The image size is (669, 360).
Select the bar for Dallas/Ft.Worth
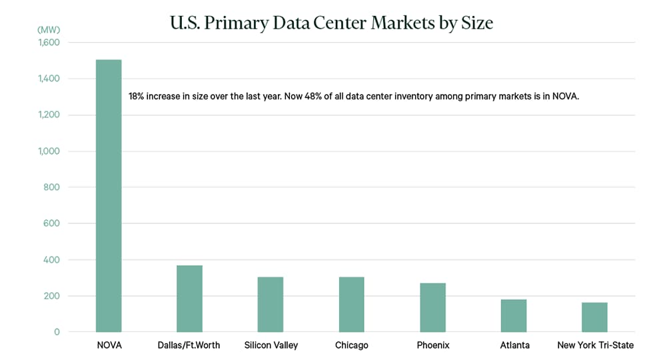189,298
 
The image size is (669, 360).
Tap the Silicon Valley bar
271,304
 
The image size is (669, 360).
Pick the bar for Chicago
351,304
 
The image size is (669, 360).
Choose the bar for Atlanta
513,315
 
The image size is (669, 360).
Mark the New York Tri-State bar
594,317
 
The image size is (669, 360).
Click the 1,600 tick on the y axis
48,43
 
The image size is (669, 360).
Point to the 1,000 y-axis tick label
48,151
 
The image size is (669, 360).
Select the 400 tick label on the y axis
51,259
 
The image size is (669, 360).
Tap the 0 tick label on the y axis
57,332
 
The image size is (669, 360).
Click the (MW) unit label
49,30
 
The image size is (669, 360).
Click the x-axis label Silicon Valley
271,345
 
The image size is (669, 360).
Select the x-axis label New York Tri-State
595,345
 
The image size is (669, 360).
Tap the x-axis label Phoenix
432,345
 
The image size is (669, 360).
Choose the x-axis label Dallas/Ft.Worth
190,345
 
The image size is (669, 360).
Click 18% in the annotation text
137,97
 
